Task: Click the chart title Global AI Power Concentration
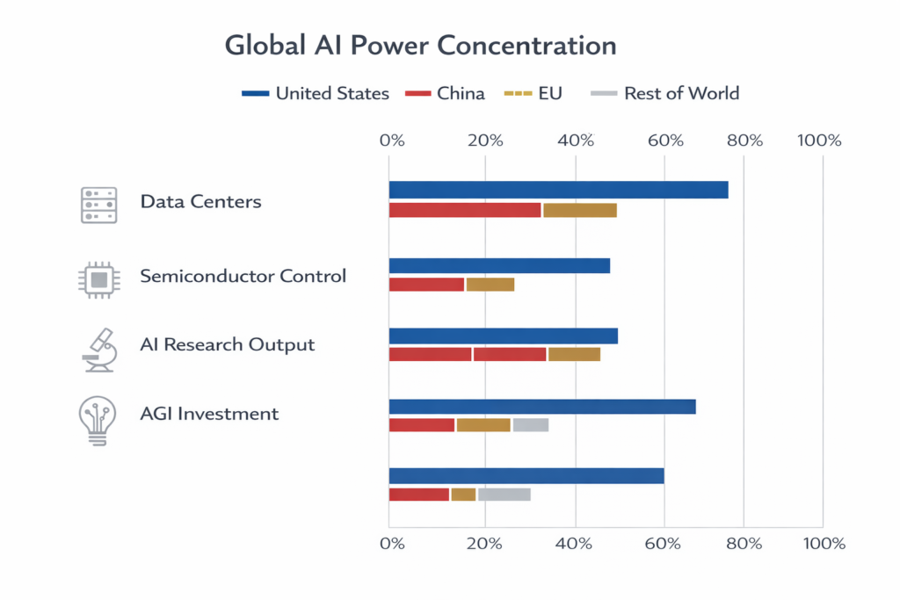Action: [420, 46]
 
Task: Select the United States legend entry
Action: [316, 93]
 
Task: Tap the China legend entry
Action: [445, 93]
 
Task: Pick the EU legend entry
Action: [533, 93]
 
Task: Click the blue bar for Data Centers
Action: [558, 190]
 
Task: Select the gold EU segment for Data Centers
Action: [579, 210]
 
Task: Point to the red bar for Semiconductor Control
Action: [426, 285]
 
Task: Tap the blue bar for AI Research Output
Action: [503, 336]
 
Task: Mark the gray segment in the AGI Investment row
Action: [531, 425]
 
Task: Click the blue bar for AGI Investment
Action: [541, 407]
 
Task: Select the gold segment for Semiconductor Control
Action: [490, 285]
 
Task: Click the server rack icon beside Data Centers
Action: [98, 205]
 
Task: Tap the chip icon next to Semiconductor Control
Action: [98, 280]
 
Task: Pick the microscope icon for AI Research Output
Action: [98, 349]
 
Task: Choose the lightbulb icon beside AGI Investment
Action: [98, 420]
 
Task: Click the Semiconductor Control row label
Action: [243, 276]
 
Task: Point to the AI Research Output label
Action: [227, 344]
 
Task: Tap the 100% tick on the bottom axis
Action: [823, 544]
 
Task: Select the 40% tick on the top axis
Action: [575, 141]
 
